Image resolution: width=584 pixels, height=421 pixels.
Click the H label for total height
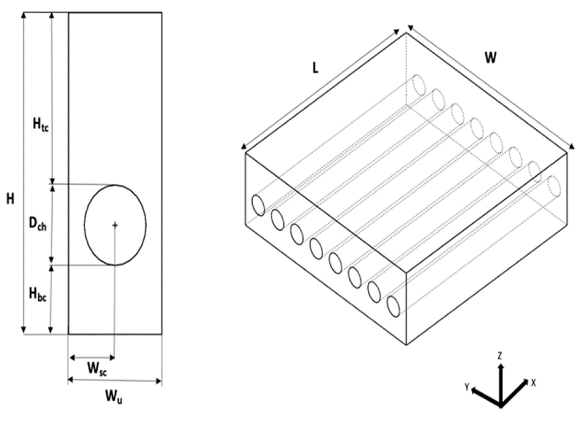click(x=10, y=199)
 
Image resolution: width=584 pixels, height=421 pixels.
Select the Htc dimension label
click(x=41, y=124)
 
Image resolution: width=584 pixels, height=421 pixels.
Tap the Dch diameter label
click(x=38, y=225)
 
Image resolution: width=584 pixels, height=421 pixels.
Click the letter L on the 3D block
click(x=315, y=68)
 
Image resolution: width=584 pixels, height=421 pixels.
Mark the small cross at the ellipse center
click(x=115, y=225)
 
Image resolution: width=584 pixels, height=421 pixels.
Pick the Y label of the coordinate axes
click(x=467, y=387)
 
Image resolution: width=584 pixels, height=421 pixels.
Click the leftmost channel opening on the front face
click(x=258, y=205)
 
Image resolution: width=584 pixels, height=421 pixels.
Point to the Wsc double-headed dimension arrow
click(x=92, y=358)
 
